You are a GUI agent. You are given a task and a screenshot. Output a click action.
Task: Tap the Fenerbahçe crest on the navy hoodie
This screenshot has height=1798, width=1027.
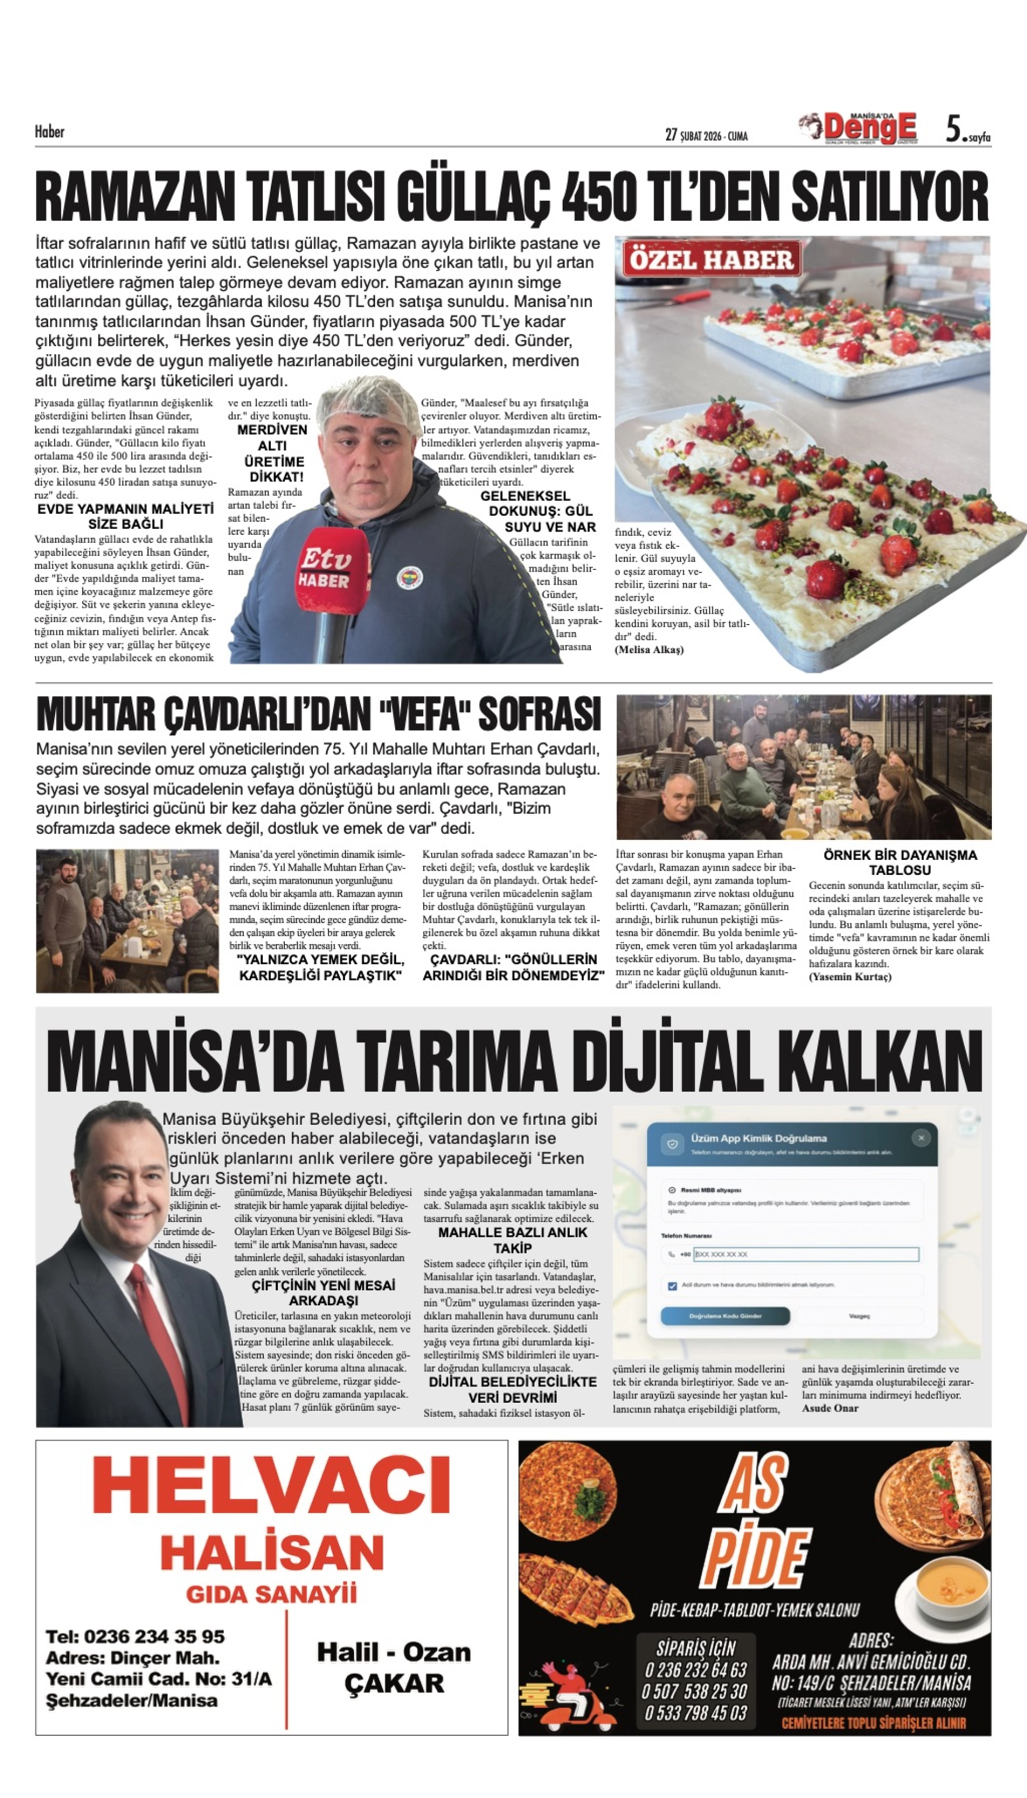pos(409,576)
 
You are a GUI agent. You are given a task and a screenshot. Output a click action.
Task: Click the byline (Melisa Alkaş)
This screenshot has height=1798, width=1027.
pos(649,650)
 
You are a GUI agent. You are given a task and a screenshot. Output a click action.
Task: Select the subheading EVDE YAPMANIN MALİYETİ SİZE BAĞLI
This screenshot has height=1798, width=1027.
pos(125,516)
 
